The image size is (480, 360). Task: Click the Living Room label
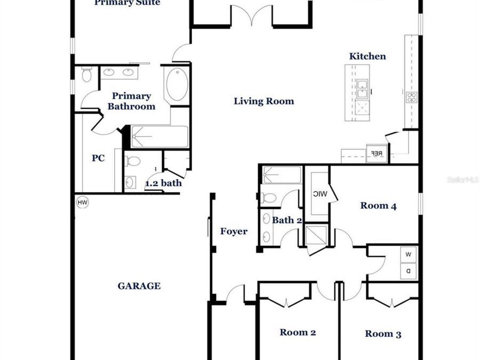[x=263, y=101]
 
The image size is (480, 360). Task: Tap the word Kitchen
[x=367, y=57]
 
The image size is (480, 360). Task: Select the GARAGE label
[x=139, y=286]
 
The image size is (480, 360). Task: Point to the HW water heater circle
[x=82, y=203]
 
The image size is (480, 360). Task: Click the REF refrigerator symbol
[x=376, y=154]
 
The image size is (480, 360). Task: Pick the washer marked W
[x=409, y=255]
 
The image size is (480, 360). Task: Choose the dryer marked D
[x=409, y=271]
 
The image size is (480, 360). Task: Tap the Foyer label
[x=234, y=231]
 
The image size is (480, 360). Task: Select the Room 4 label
[x=378, y=206]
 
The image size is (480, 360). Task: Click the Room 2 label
[x=298, y=333]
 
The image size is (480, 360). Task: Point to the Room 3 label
[x=383, y=334]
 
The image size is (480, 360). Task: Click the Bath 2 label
[x=287, y=220]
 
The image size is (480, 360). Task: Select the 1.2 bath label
[x=163, y=183]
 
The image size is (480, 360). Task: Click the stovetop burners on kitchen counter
[x=412, y=97]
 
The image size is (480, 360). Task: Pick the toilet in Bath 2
[x=270, y=198]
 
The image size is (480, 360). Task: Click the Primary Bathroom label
[x=131, y=101]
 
